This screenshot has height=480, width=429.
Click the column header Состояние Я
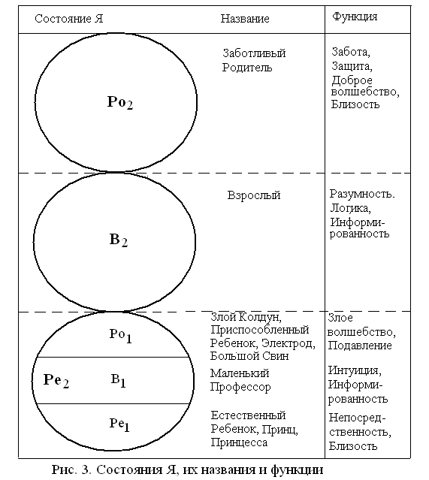click(x=69, y=19)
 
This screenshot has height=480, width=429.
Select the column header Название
click(x=245, y=19)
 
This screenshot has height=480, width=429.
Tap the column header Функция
click(x=355, y=17)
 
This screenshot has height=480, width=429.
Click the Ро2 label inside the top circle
click(x=120, y=103)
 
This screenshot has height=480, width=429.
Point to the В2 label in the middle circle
click(x=119, y=240)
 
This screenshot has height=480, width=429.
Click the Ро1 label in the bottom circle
click(x=121, y=336)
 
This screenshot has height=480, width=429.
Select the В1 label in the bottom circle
click(x=118, y=381)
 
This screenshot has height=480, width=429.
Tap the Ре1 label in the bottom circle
click(x=119, y=425)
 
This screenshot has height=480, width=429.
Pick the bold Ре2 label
click(x=56, y=381)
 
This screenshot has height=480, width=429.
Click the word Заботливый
click(x=254, y=53)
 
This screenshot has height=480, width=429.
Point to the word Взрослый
click(x=254, y=195)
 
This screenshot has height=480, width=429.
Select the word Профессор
click(x=240, y=388)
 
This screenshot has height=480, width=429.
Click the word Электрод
click(x=289, y=343)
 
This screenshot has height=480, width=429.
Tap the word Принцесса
click(x=239, y=442)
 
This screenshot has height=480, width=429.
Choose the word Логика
click(x=350, y=209)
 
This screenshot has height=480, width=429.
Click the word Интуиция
click(x=355, y=371)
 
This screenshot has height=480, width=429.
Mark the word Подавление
click(x=360, y=346)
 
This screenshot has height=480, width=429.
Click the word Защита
click(x=352, y=66)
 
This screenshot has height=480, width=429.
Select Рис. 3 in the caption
click(x=71, y=469)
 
